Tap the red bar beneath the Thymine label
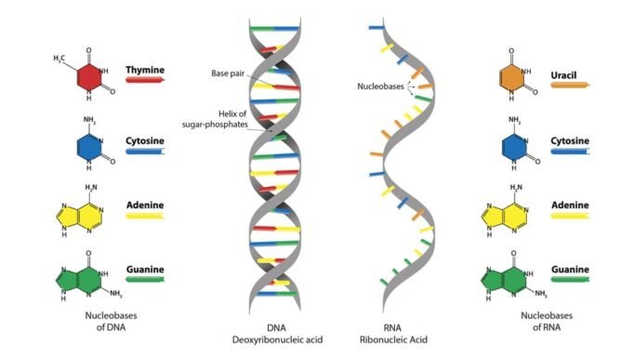145,81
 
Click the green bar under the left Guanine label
145,279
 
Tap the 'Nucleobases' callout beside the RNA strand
379,87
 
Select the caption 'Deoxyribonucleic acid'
277,340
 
